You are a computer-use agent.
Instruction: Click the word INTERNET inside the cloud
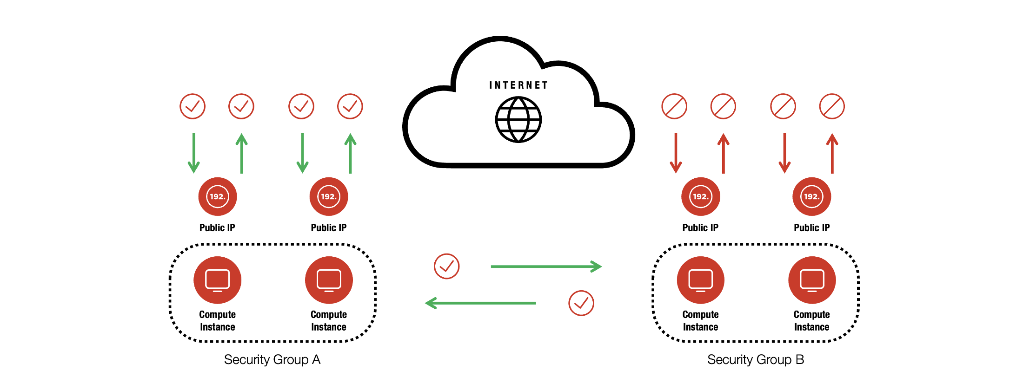click(x=518, y=85)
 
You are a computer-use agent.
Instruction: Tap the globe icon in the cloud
click(x=518, y=119)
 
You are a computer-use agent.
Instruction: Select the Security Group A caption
click(x=272, y=360)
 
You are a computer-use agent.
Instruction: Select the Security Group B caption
click(x=756, y=360)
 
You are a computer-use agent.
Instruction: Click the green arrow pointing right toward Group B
click(x=546, y=266)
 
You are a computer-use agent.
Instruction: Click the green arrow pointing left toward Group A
click(x=481, y=303)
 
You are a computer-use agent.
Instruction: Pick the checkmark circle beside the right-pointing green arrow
click(x=446, y=266)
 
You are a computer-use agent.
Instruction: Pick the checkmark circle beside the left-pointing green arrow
click(x=581, y=303)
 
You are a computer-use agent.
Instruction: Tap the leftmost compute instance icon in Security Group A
click(x=217, y=280)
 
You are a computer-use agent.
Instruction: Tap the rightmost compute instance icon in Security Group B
click(x=812, y=280)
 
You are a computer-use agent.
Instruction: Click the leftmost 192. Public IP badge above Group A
click(x=217, y=196)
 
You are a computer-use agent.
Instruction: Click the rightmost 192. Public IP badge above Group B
click(x=812, y=196)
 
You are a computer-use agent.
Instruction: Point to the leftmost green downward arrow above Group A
click(x=193, y=153)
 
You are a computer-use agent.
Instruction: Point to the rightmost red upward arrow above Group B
click(x=832, y=153)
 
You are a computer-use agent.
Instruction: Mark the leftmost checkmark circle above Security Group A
click(x=193, y=106)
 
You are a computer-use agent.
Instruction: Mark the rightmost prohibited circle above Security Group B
click(x=832, y=106)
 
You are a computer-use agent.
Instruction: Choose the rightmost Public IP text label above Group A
click(x=329, y=228)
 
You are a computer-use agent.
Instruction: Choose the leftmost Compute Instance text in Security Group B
click(x=700, y=321)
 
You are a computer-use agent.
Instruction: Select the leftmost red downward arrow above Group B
click(x=676, y=153)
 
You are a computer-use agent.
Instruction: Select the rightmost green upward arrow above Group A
click(x=351, y=153)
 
